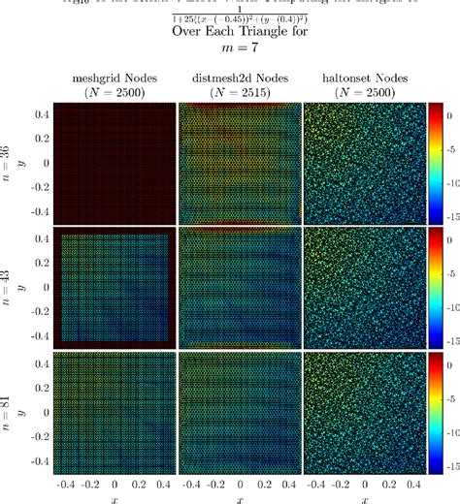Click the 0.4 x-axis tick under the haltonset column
[x=412, y=483]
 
